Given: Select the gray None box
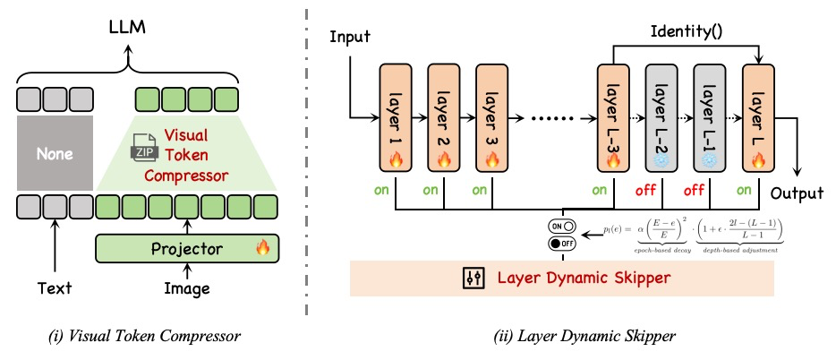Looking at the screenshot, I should coord(54,154).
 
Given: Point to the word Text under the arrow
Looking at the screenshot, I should coord(55,288).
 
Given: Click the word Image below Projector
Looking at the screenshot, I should coord(188,288).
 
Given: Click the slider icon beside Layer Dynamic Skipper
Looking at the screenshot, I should coord(472,278).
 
